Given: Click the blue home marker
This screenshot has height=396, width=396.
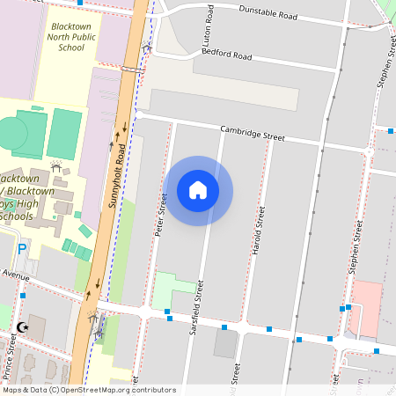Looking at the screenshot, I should click(198, 190).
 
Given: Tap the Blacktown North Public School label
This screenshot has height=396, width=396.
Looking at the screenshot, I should click(70, 36).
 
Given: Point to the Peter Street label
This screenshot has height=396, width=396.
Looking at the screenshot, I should click(161, 215).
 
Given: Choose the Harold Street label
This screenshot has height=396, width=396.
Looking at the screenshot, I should click(259, 231).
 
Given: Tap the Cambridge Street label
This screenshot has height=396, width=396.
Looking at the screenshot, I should click(253, 133).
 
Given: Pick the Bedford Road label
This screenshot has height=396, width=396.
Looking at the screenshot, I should click(227, 55).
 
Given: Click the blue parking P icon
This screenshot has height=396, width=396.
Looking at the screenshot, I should click(22, 250).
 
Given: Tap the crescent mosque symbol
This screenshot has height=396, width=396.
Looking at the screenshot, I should click(22, 328).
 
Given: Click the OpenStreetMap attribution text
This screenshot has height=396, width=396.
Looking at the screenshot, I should click(89, 390).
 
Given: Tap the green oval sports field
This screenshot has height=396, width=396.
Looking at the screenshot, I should click(12, 133).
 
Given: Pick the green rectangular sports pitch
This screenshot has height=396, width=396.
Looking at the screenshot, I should click(64, 133).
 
